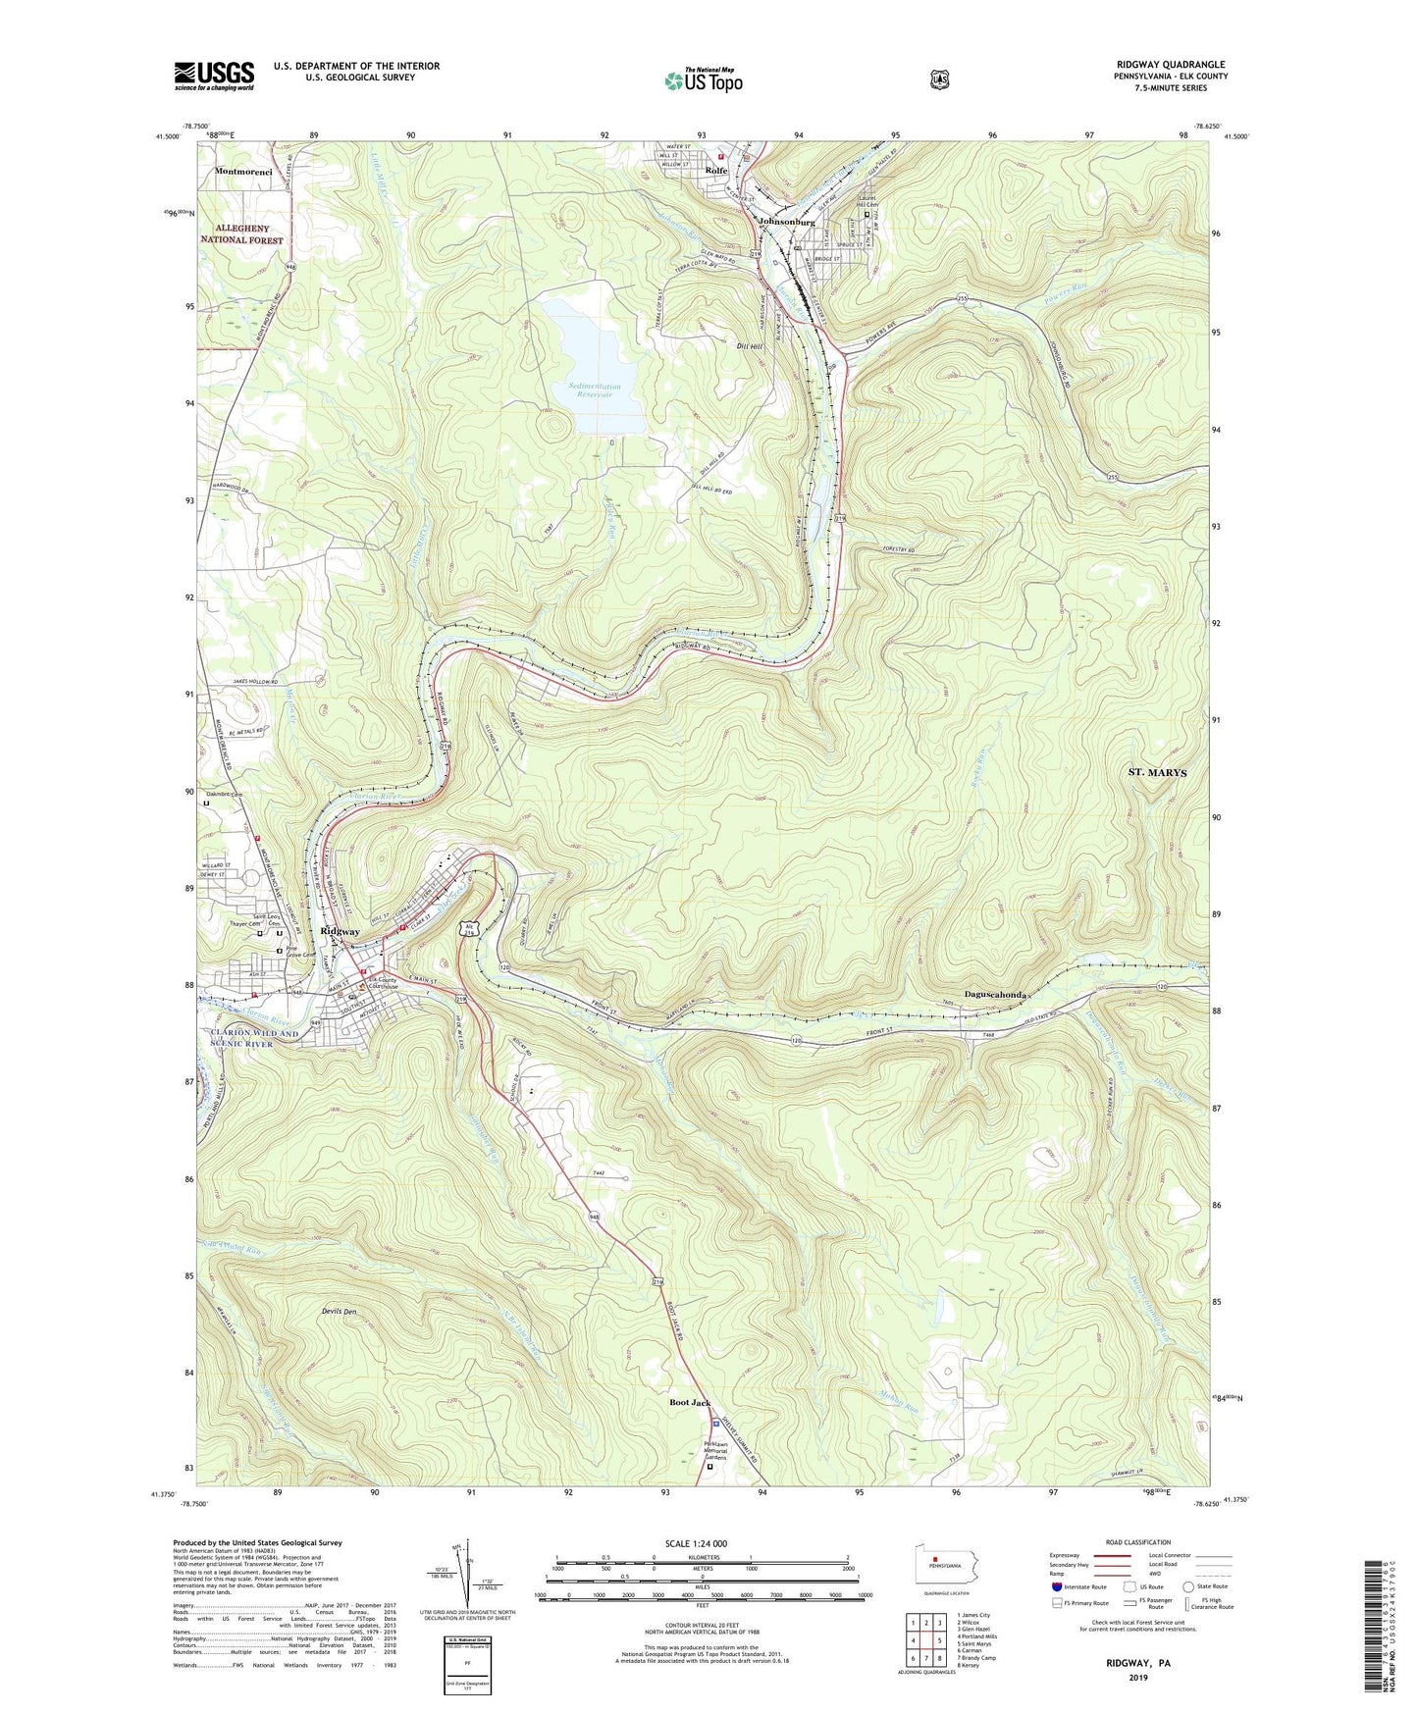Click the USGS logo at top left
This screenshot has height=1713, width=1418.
(214, 76)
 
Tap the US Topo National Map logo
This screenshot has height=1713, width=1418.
(702, 79)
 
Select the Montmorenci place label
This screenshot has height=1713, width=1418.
(240, 171)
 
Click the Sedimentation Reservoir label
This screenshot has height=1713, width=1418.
(595, 389)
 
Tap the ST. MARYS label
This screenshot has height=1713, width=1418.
(1157, 772)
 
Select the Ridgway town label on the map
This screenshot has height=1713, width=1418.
(340, 931)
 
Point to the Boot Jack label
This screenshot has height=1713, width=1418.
(690, 1403)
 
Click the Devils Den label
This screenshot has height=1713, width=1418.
(338, 1312)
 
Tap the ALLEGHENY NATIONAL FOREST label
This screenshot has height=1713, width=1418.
(241, 234)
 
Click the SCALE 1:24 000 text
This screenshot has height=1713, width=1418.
(696, 1543)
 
